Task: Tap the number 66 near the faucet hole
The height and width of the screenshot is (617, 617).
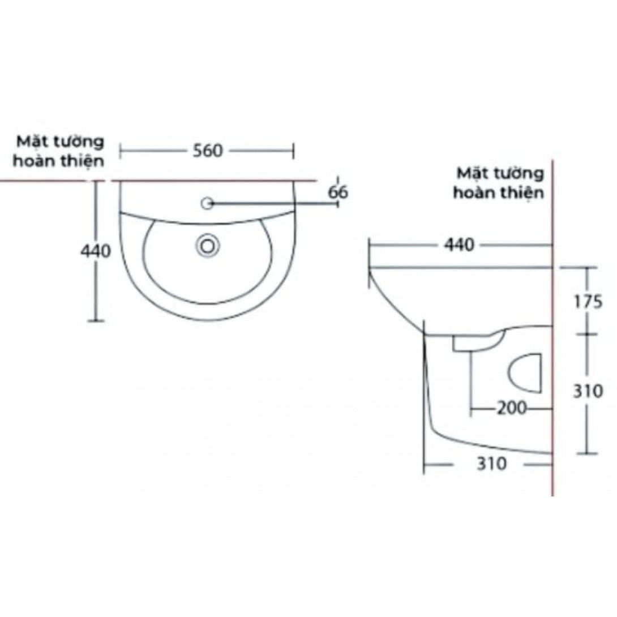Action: click(x=338, y=192)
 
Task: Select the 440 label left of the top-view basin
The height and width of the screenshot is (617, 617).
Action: click(x=95, y=251)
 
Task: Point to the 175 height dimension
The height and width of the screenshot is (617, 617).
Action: click(x=586, y=302)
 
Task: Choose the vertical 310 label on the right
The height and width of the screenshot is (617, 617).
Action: click(x=587, y=391)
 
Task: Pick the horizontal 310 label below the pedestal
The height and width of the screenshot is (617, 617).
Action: click(x=490, y=465)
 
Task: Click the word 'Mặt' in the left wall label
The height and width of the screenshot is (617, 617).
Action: click(x=32, y=140)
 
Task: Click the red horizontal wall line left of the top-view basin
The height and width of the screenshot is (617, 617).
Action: click(x=45, y=181)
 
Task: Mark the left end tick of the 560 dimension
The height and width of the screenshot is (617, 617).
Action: click(x=120, y=151)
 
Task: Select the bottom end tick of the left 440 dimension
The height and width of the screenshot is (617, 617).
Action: click(x=96, y=320)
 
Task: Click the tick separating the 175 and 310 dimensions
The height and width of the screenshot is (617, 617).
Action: click(x=586, y=334)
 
